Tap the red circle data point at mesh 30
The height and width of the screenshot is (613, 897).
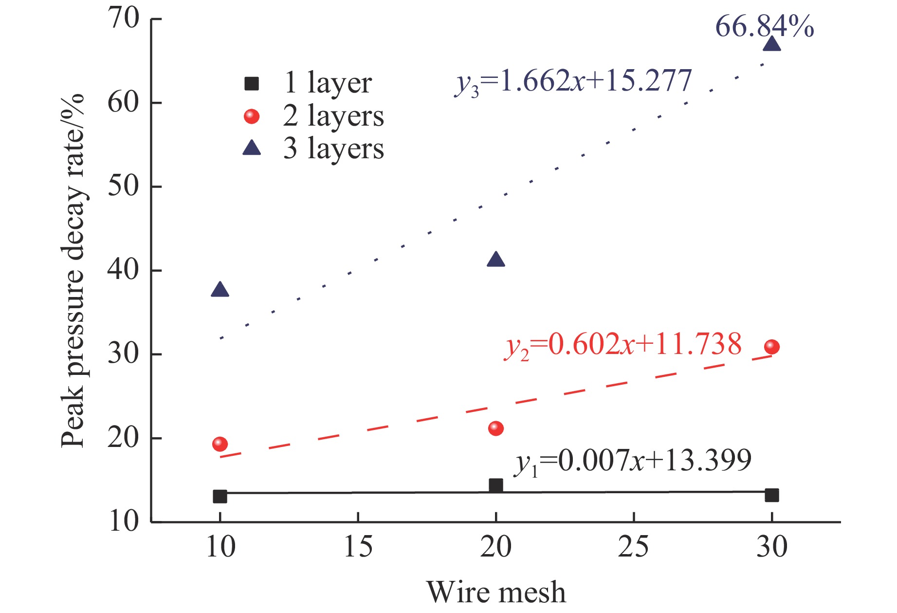tap(772, 347)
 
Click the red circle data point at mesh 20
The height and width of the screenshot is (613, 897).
tap(495, 428)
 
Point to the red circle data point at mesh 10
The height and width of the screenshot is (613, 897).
tap(220, 444)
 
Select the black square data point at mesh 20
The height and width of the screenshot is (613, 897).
tap(495, 485)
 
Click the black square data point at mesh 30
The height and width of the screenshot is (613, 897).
tap(772, 496)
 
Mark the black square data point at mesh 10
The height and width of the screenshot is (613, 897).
tap(220, 497)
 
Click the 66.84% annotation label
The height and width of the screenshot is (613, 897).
tap(764, 26)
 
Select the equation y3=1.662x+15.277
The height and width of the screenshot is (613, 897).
tap(573, 81)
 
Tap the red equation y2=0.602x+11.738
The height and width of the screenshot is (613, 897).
tap(623, 345)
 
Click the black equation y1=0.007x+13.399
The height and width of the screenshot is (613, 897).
tap(633, 461)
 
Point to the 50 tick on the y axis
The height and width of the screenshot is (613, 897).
tap(124, 186)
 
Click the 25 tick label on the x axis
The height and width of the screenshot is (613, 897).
tap(633, 547)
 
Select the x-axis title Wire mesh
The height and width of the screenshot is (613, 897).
tap(496, 593)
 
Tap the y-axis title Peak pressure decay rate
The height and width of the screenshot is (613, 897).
tap(73, 270)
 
